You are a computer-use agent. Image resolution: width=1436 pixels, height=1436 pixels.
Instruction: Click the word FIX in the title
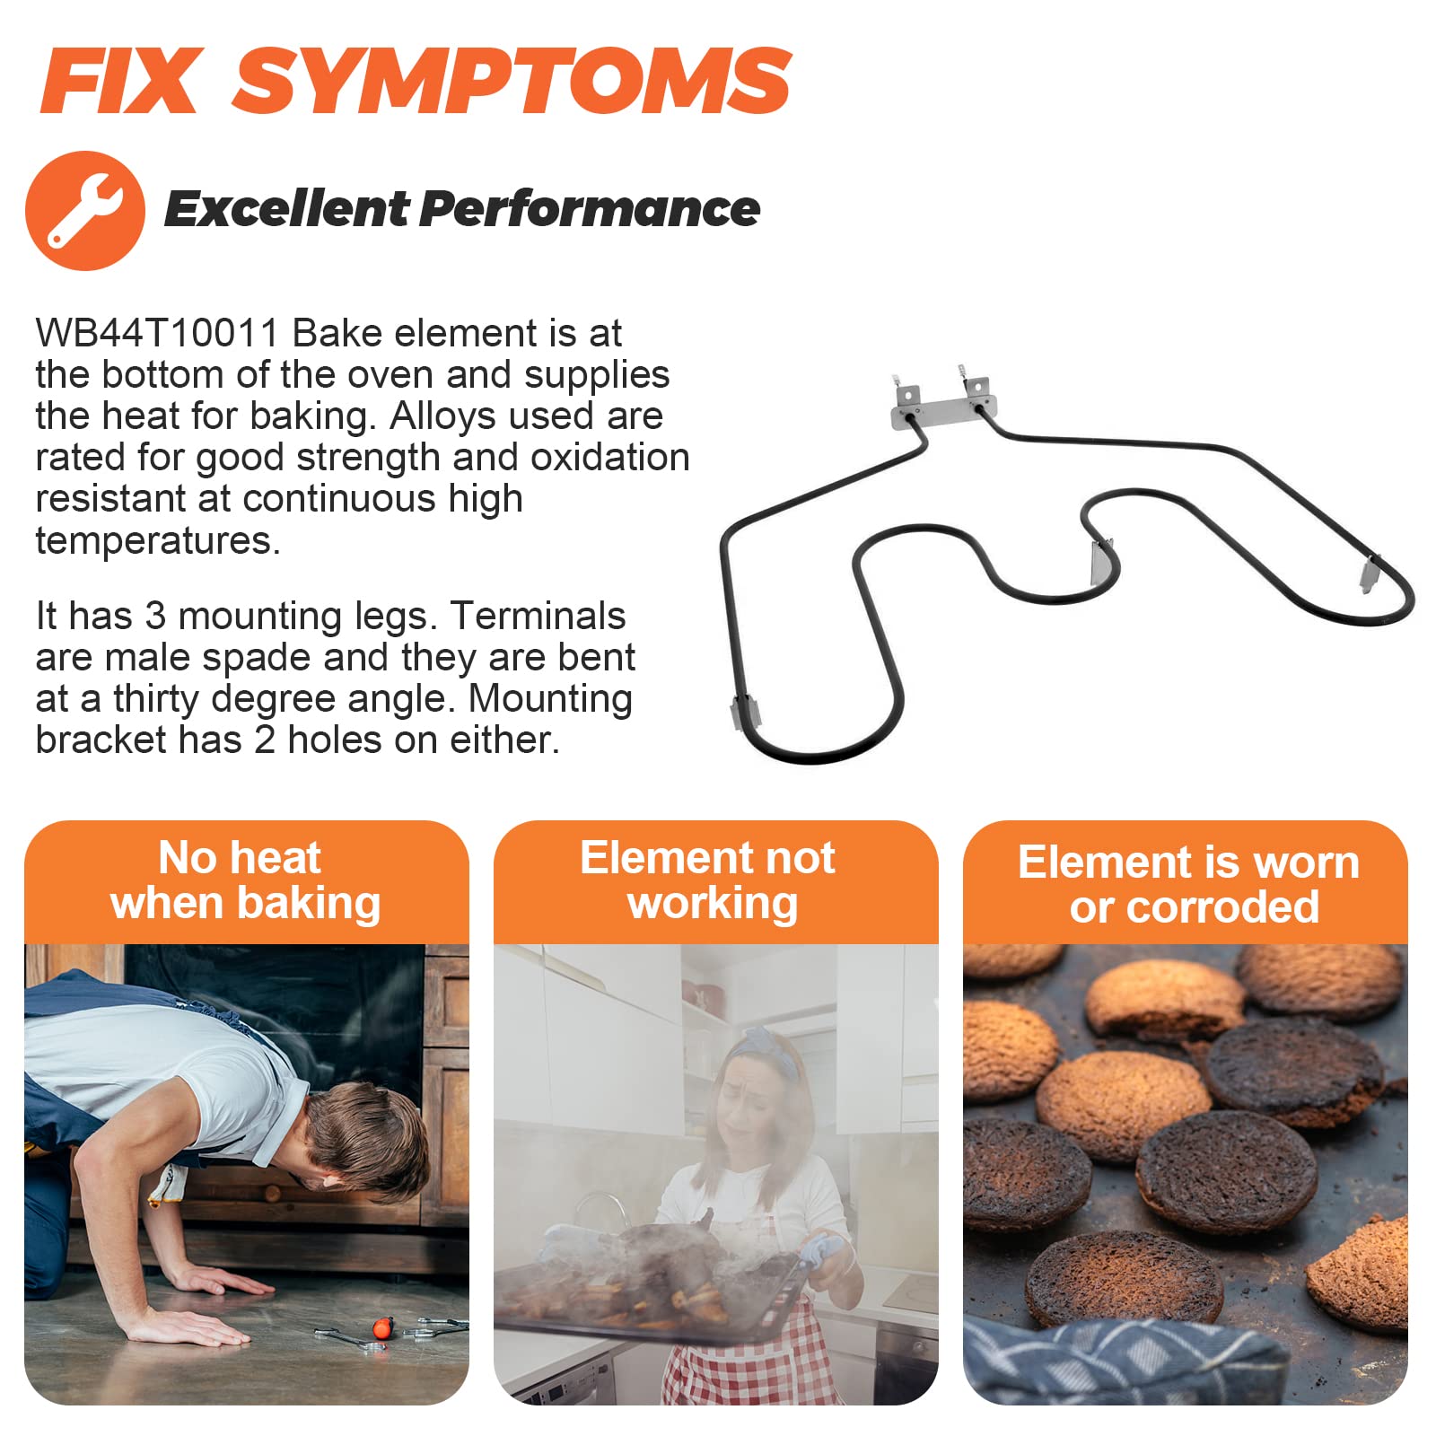click(x=119, y=80)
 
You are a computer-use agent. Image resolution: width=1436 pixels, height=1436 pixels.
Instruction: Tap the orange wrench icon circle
click(x=85, y=211)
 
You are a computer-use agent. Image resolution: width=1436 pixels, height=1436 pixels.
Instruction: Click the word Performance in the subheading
click(x=591, y=209)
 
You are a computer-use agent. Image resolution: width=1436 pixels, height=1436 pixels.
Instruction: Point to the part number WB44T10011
click(x=157, y=333)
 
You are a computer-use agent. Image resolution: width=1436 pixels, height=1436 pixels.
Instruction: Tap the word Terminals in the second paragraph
click(x=538, y=617)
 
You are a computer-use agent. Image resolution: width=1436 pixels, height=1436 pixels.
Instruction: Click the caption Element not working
click(x=710, y=880)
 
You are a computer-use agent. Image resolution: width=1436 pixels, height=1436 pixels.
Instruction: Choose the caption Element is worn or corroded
click(x=1188, y=885)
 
